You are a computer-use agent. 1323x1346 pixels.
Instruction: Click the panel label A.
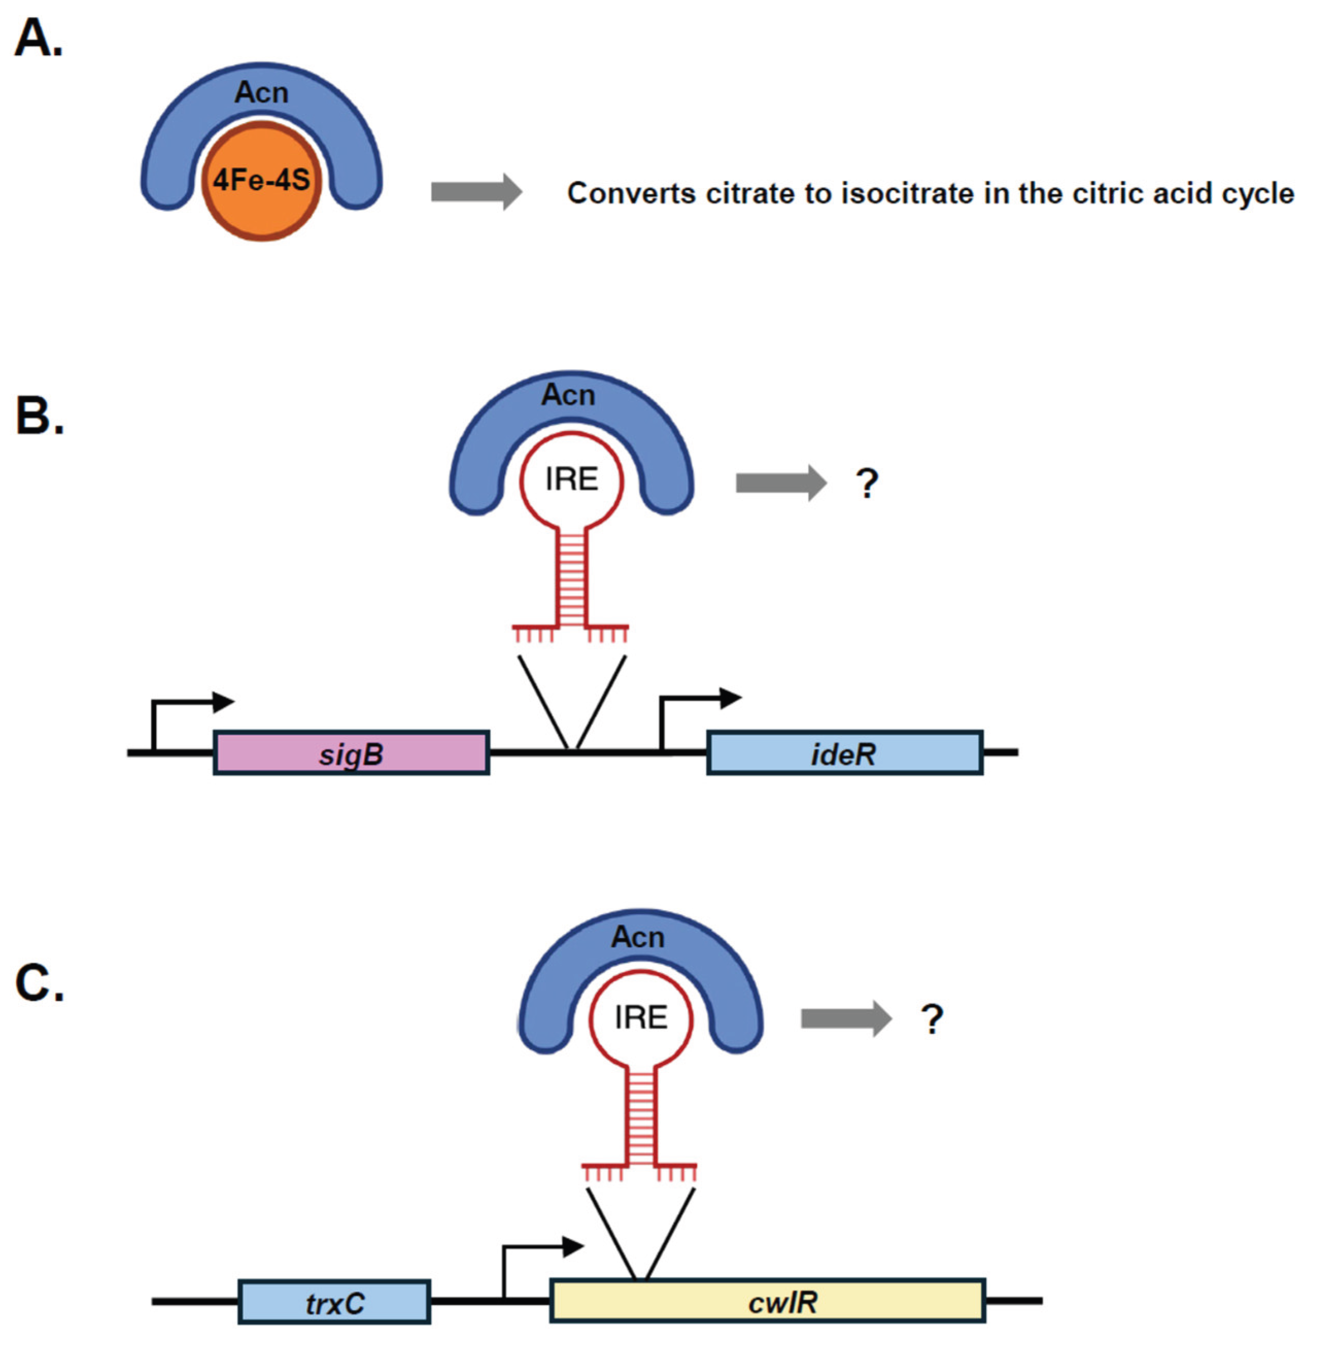tap(38, 38)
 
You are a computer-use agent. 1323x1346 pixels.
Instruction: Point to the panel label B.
tap(40, 417)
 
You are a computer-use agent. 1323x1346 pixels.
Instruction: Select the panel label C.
tap(40, 984)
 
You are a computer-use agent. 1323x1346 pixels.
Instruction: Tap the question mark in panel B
tap(866, 483)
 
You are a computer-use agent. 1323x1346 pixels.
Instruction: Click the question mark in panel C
tap(932, 1019)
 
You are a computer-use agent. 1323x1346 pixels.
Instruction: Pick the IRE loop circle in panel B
tap(571, 480)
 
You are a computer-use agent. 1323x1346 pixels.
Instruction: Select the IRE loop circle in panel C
tap(641, 1018)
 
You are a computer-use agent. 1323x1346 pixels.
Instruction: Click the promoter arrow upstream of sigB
tap(191, 704)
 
